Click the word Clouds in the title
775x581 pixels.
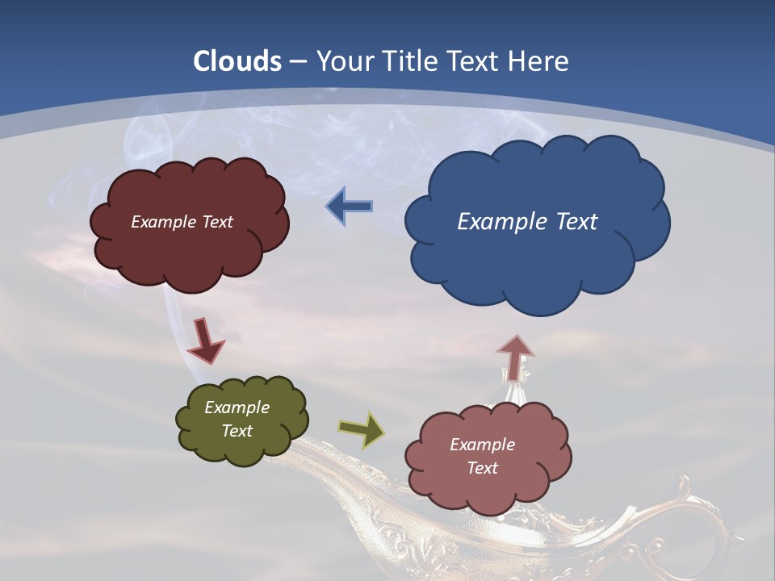coord(237,61)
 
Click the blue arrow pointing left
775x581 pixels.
coord(350,207)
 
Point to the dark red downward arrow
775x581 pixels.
coord(205,341)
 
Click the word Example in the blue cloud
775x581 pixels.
coord(500,221)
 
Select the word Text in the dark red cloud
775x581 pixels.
coord(216,222)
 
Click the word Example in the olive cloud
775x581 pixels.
coord(237,408)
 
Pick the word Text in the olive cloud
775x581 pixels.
coord(237,431)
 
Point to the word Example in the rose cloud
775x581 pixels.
coord(482,445)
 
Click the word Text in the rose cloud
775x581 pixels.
coord(482,468)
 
